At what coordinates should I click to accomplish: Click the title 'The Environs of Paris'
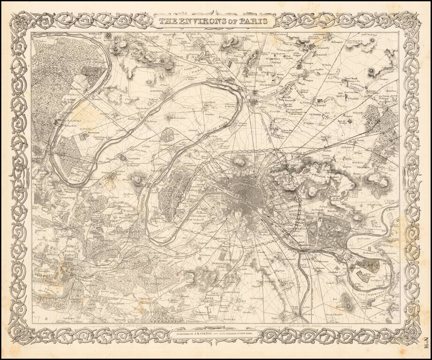(x=213, y=21)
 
